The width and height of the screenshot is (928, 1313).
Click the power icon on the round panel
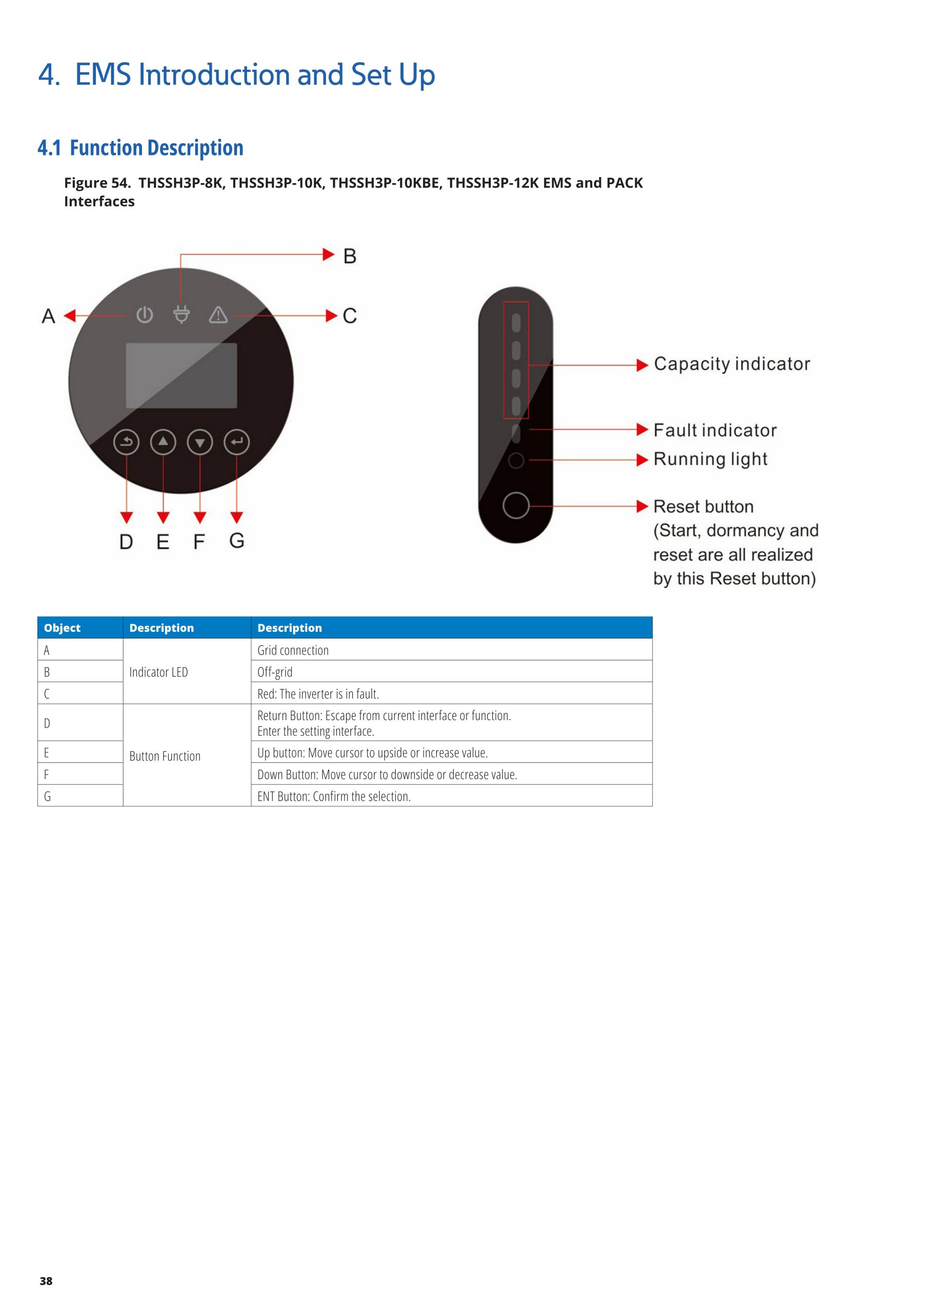click(145, 314)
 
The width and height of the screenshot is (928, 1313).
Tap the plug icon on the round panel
click(181, 314)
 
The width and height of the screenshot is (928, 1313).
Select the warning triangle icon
click(218, 314)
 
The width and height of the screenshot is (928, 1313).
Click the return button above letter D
click(126, 442)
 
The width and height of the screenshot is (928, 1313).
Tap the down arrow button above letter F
click(199, 442)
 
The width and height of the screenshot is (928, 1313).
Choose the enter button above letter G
click(237, 442)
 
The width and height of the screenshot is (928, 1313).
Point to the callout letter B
click(349, 256)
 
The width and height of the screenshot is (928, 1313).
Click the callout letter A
click(49, 315)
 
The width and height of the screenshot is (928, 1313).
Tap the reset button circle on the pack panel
click(516, 506)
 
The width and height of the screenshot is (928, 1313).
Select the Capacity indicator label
click(732, 364)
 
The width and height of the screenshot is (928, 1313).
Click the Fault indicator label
click(715, 430)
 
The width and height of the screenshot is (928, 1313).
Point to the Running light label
click(710, 459)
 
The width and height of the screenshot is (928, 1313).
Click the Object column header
click(63, 628)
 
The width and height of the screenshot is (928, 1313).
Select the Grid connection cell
click(293, 650)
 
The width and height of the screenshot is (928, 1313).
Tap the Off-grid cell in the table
click(275, 672)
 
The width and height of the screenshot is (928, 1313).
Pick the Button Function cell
click(165, 756)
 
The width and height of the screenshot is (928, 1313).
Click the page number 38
click(46, 1281)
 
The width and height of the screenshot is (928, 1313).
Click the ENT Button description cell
click(334, 796)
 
